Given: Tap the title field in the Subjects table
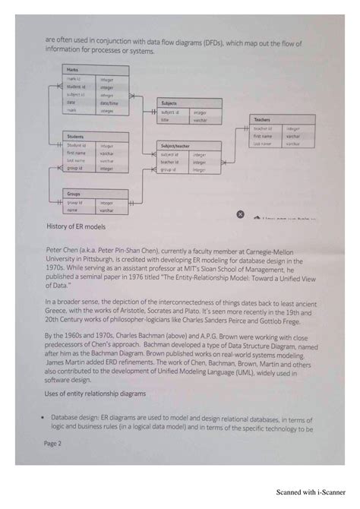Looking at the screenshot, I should tap(166, 120).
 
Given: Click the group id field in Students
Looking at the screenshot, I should tap(76, 169).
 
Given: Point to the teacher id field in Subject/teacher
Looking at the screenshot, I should tap(169, 162).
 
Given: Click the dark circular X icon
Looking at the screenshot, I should tap(241, 214).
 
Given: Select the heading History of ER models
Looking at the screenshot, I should tap(76, 227).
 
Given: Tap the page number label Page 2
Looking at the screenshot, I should tap(53, 443).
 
